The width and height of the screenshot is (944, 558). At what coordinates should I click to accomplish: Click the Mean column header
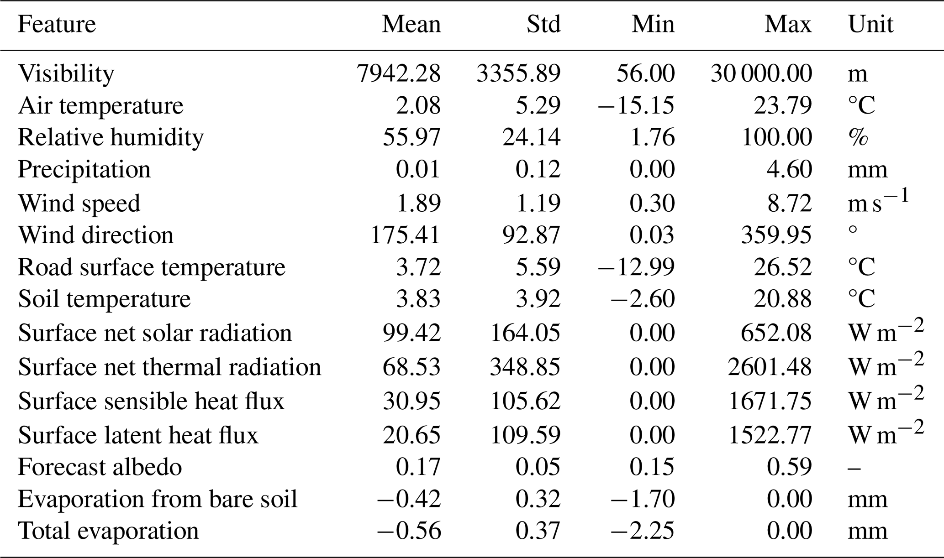pyautogui.click(x=411, y=24)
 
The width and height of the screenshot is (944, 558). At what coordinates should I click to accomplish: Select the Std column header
pyautogui.click(x=543, y=24)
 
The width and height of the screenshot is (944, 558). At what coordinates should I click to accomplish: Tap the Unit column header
pyautogui.click(x=870, y=24)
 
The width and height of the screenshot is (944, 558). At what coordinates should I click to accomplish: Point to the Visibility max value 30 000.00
pyautogui.click(x=761, y=73)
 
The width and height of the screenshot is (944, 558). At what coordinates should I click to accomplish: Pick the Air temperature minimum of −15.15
pyautogui.click(x=636, y=105)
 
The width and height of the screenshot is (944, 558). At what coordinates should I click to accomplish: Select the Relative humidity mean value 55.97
pyautogui.click(x=411, y=137)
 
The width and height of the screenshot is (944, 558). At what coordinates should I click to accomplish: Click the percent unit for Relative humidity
pyautogui.click(x=858, y=137)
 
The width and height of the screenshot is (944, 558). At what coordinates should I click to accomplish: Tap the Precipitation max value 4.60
pyautogui.click(x=789, y=169)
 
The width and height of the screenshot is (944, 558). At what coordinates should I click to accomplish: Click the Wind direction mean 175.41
pyautogui.click(x=406, y=235)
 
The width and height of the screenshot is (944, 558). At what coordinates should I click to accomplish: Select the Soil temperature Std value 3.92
pyautogui.click(x=538, y=299)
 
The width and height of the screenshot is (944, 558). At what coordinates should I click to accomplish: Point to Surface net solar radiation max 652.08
pyautogui.click(x=776, y=333)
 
